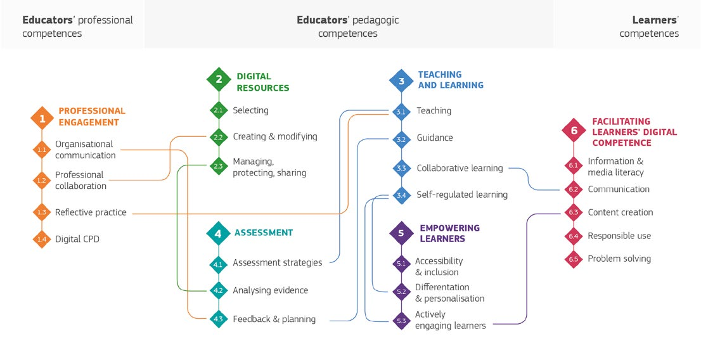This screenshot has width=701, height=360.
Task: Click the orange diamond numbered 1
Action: click(x=42, y=117)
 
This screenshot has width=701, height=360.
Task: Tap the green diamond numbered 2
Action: click(x=219, y=79)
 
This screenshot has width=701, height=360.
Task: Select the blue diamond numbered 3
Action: click(x=401, y=80)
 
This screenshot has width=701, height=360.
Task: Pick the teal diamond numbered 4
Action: click(x=219, y=233)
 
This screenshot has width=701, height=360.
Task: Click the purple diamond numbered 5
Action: click(x=401, y=233)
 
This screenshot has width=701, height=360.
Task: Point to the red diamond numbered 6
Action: click(x=574, y=131)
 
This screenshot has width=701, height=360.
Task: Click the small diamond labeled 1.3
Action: click(x=42, y=212)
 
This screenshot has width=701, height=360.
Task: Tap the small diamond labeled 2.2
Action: click(x=219, y=136)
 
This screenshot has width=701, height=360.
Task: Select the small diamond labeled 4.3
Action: click(x=219, y=319)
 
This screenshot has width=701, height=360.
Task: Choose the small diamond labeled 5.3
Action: click(x=401, y=321)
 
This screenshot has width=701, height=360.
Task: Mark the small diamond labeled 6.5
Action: click(x=574, y=259)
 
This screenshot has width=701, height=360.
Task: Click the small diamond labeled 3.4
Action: click(x=401, y=195)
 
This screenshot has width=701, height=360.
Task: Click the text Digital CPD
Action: click(x=77, y=239)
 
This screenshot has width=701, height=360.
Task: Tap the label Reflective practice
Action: click(x=91, y=212)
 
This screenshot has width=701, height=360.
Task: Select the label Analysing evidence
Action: click(x=270, y=290)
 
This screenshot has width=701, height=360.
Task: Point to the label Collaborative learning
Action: click(x=460, y=169)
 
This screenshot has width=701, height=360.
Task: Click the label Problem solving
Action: click(x=619, y=259)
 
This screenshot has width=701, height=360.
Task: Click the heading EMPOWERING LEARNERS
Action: click(x=449, y=233)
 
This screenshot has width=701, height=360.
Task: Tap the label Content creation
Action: click(x=620, y=212)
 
